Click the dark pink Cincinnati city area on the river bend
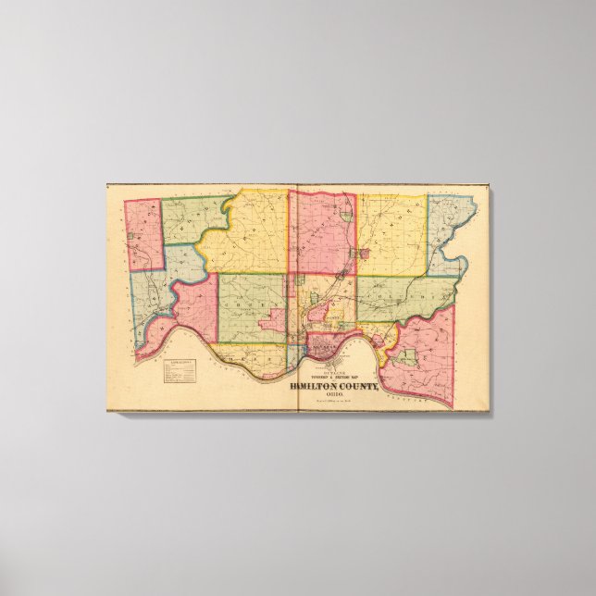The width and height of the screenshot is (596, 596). pos(325,349)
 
